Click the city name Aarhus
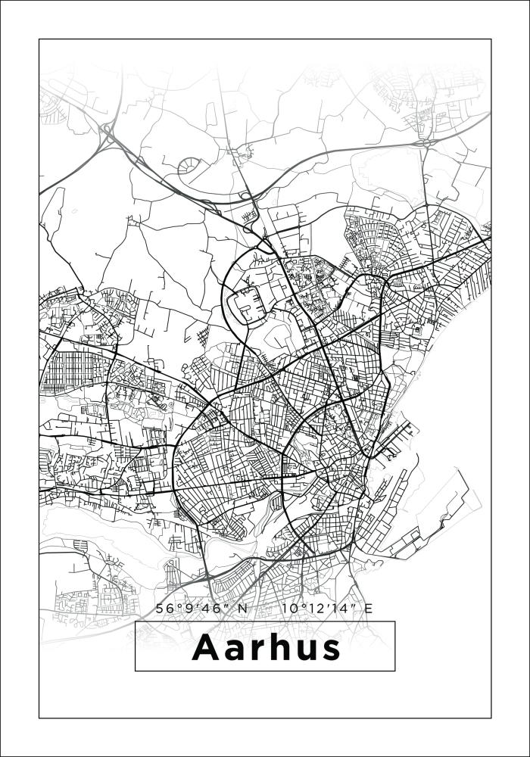[x=265, y=647]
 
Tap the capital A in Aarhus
[x=207, y=647]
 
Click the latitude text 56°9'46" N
[x=201, y=608]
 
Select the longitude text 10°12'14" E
[x=326, y=608]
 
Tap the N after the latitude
[x=242, y=608]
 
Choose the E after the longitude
[x=368, y=608]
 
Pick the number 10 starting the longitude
[x=287, y=608]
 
